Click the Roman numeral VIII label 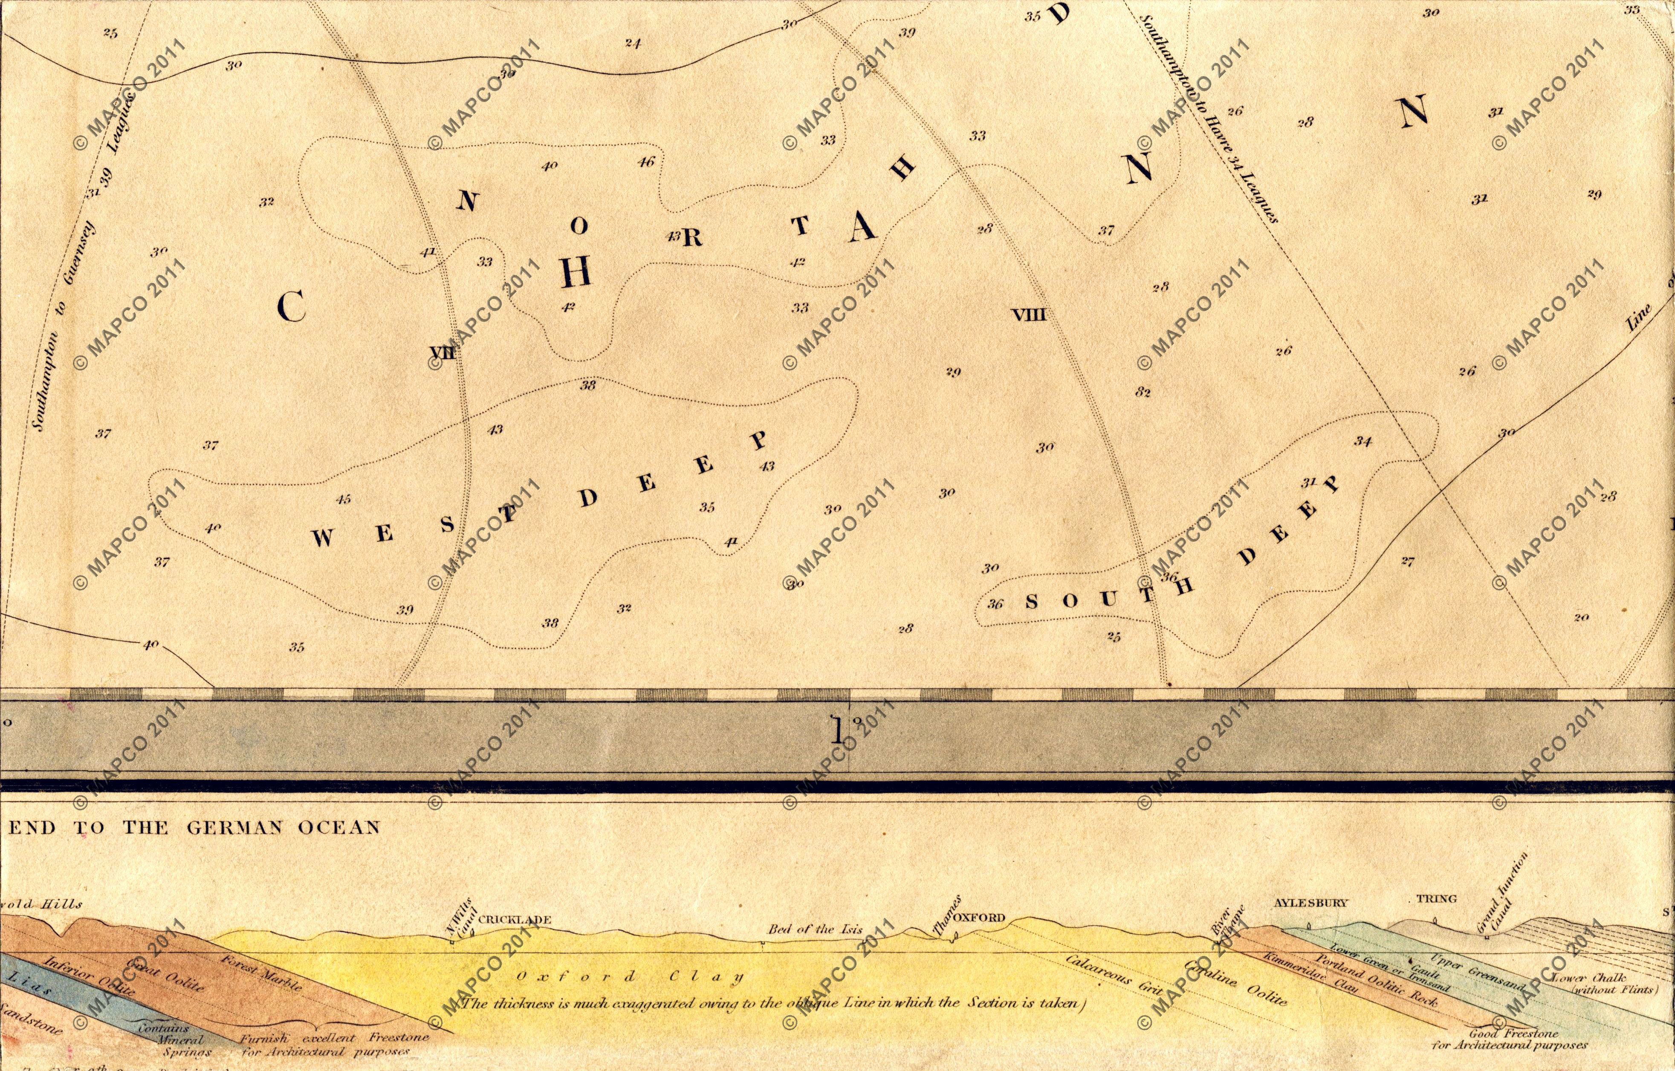[x=1029, y=315]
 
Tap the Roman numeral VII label [x=443, y=352]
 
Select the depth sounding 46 [x=646, y=162]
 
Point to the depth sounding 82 [x=1143, y=392]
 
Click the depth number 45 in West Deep [x=343, y=499]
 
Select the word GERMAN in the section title [x=231, y=827]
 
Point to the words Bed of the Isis [x=815, y=929]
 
